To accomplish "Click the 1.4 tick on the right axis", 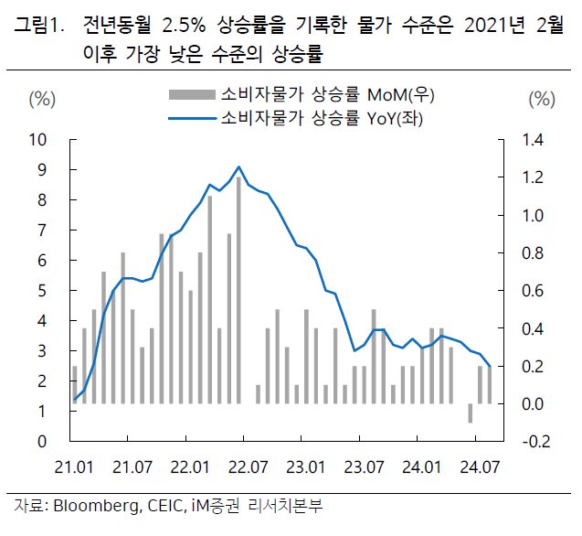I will pos(534,140).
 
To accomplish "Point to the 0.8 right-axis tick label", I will pos(534,253).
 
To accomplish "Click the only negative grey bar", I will pos(471,413).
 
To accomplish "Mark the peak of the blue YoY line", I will pos(239,166).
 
